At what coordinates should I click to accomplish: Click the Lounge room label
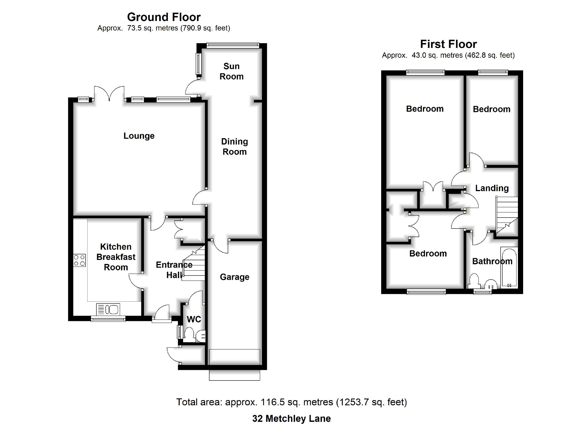139,136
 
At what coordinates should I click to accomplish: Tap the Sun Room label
231,71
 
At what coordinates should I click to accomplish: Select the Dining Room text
234,147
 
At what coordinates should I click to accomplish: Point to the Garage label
235,277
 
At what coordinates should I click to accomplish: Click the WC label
194,319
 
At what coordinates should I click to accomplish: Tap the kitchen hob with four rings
79,260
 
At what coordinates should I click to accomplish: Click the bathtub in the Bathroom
509,268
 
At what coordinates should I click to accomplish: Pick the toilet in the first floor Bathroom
474,282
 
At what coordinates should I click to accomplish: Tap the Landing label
492,188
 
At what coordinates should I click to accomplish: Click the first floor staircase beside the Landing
507,215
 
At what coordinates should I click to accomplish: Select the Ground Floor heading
164,17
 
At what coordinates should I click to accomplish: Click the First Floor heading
448,44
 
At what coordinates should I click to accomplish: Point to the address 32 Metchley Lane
291,419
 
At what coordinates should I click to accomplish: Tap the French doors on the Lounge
109,94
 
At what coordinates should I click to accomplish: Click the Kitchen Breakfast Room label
116,257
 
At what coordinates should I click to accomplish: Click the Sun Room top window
233,45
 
